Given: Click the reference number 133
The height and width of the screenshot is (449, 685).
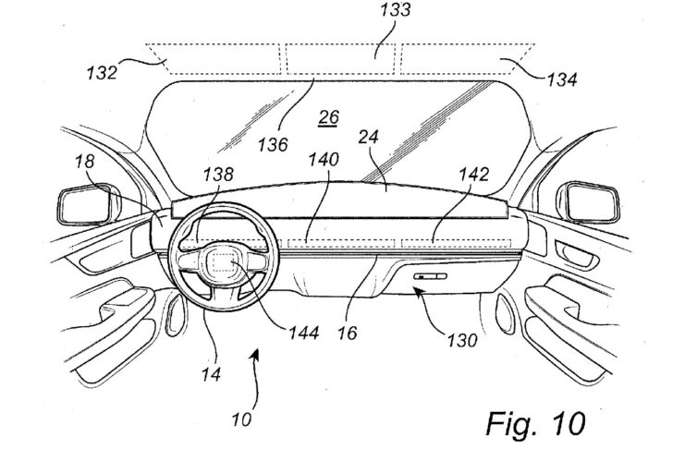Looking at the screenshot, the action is (x=395, y=9).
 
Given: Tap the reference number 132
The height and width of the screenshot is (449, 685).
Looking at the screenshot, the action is (x=102, y=72).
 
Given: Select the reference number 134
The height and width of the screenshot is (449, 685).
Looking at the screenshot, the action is (x=562, y=80).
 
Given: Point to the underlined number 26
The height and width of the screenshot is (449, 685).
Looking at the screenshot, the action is (x=328, y=117).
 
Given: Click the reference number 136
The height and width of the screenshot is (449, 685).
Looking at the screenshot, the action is (x=273, y=144).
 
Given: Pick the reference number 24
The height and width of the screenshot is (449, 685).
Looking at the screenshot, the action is (x=368, y=137).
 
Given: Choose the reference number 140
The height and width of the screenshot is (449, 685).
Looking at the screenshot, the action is (x=324, y=160).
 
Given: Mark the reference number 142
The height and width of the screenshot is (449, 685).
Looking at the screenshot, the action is (x=473, y=175).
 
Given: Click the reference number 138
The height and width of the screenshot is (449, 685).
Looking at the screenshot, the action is (x=218, y=175).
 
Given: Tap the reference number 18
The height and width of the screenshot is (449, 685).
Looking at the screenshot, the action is (x=84, y=161).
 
